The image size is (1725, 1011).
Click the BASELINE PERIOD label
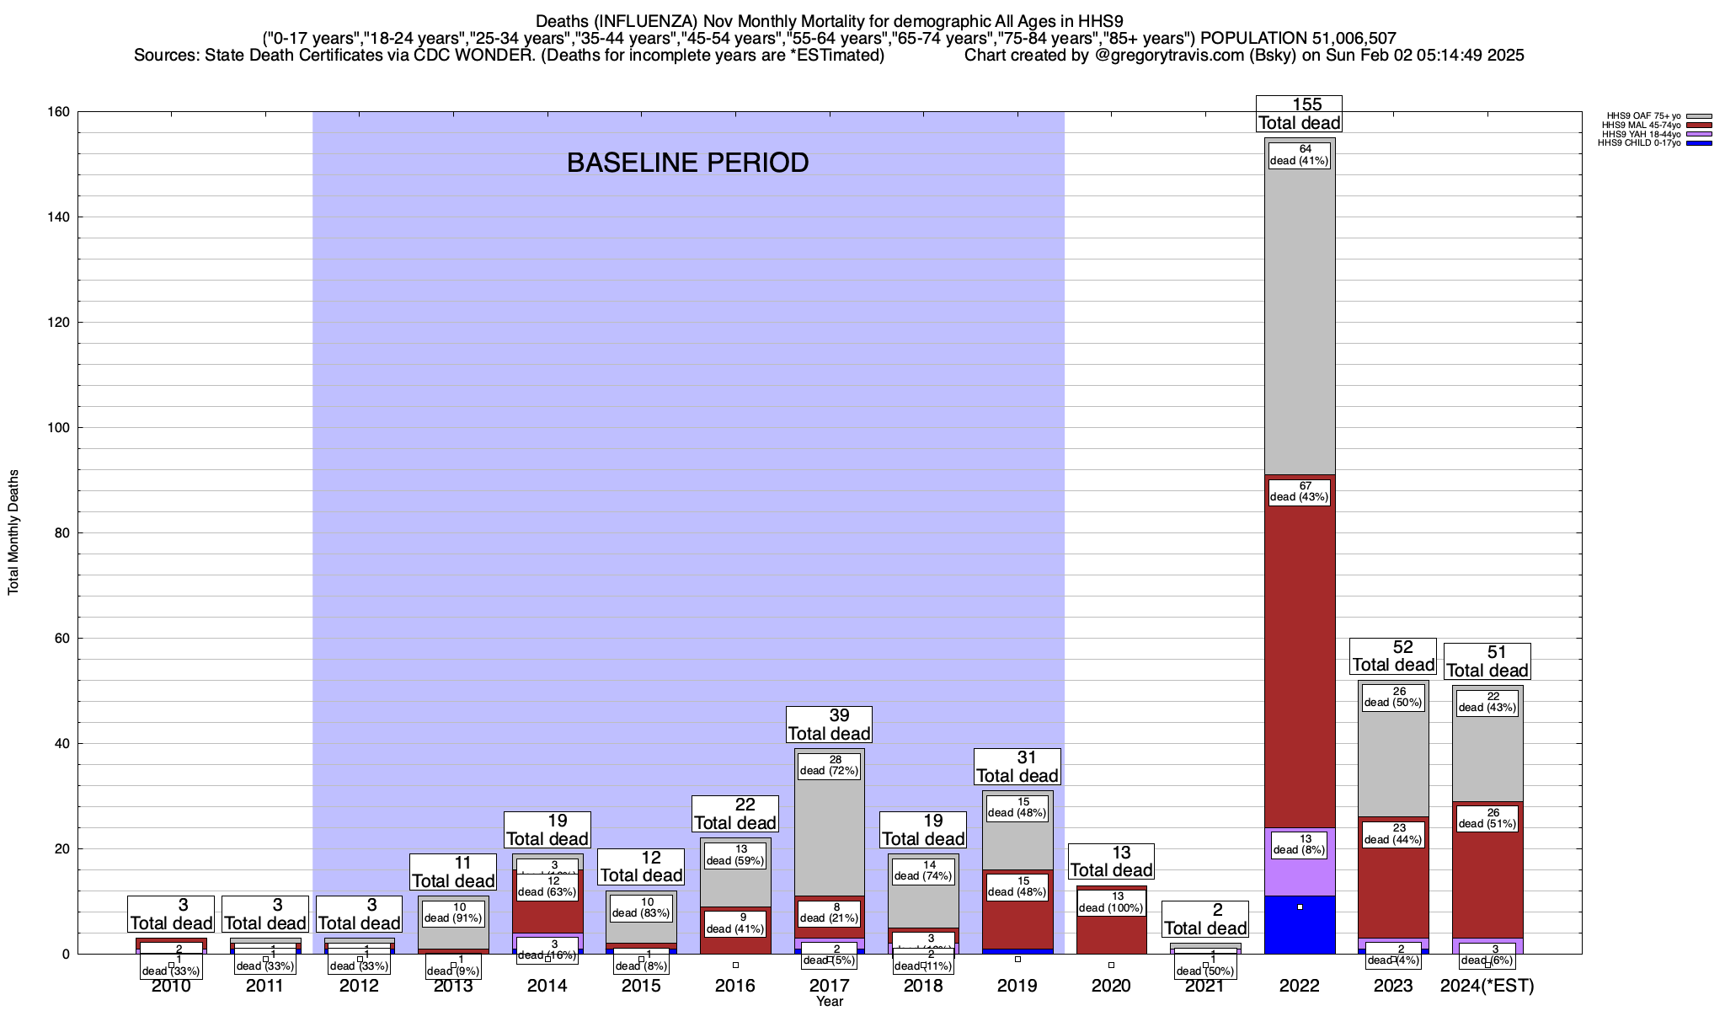point(687,162)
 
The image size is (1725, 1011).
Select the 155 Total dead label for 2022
point(1299,114)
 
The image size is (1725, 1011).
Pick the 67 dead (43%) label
point(1300,491)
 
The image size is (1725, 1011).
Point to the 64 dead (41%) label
point(1300,155)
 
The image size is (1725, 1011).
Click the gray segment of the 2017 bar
point(830,834)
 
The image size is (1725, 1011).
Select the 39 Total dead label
point(830,725)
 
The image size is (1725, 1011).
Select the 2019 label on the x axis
point(1017,985)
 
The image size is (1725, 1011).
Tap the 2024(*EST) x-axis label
point(1487,985)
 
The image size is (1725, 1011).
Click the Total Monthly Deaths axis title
point(13,532)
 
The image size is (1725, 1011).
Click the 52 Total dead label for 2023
point(1393,656)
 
